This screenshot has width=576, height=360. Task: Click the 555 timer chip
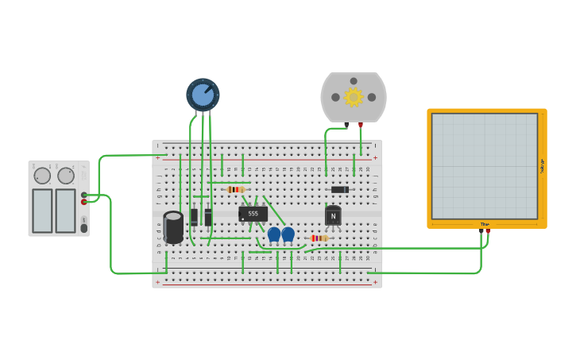point(253,213)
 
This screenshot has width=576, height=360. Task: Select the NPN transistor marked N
point(333,215)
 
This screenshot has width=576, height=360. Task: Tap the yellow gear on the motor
point(354,97)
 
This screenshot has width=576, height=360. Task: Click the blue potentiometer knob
point(203,95)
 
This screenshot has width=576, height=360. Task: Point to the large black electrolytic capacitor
point(173,226)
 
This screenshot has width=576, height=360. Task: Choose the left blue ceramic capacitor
point(274,234)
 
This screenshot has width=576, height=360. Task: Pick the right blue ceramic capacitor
point(288,234)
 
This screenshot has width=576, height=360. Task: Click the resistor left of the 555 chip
point(235,189)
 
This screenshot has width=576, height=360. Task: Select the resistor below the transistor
point(319,238)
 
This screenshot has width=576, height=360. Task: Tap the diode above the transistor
point(339,189)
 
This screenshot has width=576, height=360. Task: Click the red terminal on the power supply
point(84,202)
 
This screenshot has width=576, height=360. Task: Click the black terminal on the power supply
point(84,195)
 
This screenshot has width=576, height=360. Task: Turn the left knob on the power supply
point(42,176)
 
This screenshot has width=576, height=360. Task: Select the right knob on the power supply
point(66,176)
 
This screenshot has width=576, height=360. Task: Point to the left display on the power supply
point(42,211)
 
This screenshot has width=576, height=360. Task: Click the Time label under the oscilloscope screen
point(485,224)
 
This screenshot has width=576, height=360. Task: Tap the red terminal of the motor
point(361,125)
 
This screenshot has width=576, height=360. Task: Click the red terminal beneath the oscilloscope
point(488,231)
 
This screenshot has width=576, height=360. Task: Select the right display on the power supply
point(66,211)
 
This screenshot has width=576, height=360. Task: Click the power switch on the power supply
point(84,228)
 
